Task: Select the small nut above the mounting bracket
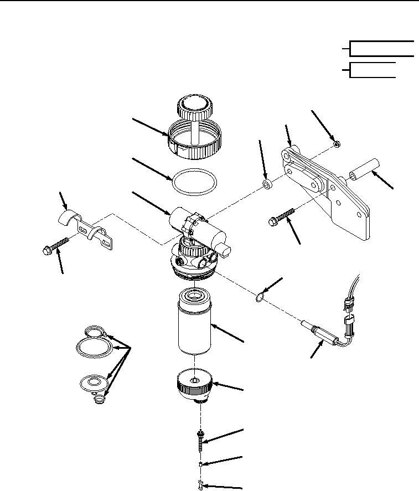(337, 144)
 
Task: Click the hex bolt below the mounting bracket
(282, 217)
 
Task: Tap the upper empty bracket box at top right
(382, 49)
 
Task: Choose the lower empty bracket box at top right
(373, 70)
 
